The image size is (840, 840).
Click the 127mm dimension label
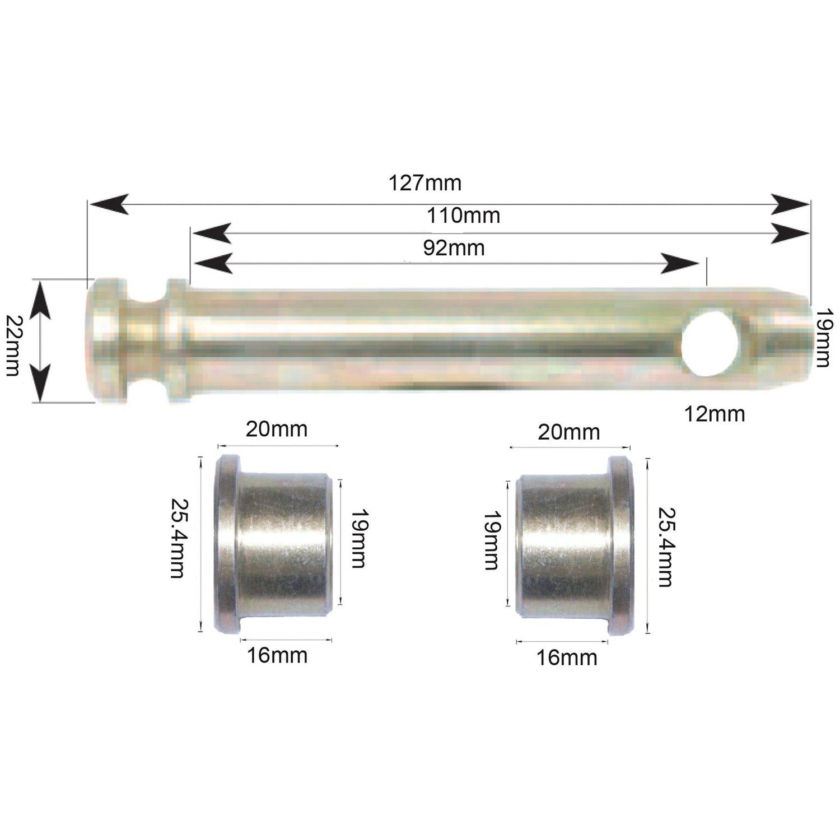(425, 183)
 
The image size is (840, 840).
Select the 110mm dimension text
(463, 216)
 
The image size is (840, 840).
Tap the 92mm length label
(454, 248)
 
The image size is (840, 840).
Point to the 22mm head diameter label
(12, 345)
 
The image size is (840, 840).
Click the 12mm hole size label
(714, 414)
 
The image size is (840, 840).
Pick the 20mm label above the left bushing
(277, 430)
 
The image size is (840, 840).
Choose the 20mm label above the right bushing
(568, 432)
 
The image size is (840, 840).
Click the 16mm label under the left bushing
(277, 655)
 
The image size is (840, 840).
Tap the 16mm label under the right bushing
(567, 658)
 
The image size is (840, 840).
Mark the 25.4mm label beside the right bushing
(665, 547)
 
